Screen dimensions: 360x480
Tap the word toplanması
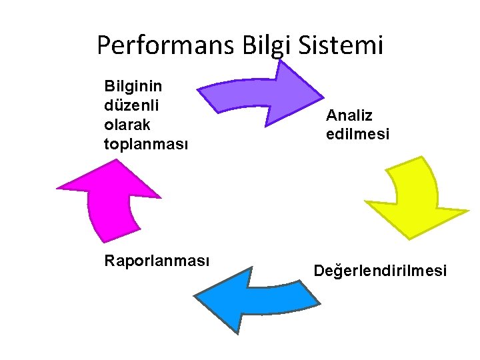[x=146, y=144]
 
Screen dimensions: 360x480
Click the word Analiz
[x=349, y=115]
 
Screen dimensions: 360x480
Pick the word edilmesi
[x=357, y=134]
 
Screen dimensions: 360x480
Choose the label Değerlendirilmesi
[x=380, y=271]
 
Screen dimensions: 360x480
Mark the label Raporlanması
[x=157, y=261]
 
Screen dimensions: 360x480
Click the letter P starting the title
[x=104, y=45]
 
